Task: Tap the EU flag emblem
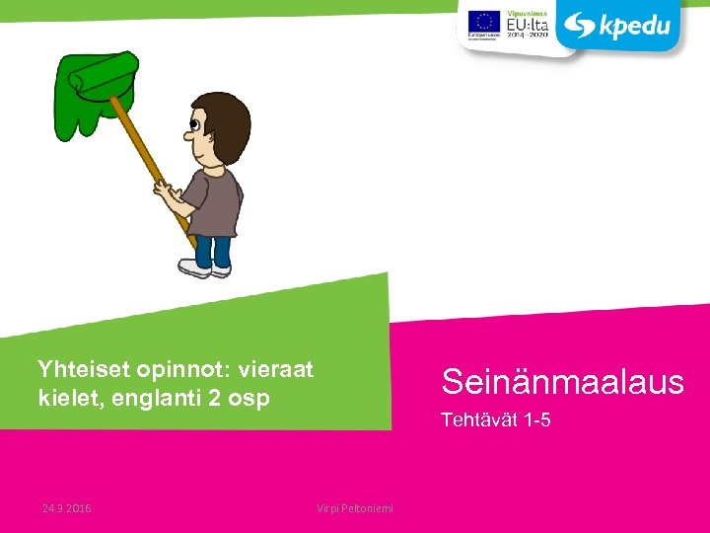(483, 21)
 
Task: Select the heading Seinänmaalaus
(562, 381)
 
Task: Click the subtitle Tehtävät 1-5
(495, 420)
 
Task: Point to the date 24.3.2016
(67, 507)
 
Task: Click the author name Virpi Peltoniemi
(354, 507)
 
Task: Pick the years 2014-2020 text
(527, 35)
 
